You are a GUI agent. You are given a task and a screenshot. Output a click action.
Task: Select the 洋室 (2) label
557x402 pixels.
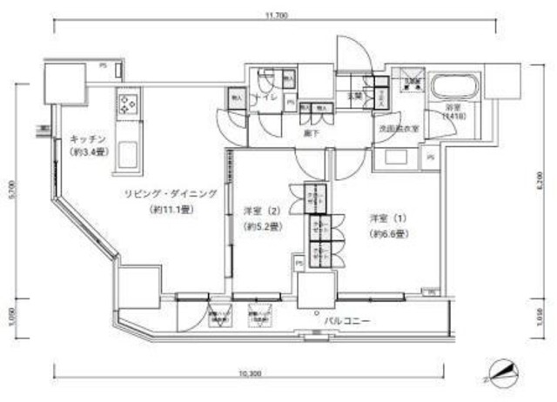(260, 211)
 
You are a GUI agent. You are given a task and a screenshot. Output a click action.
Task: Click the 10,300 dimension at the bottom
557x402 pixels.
(251, 372)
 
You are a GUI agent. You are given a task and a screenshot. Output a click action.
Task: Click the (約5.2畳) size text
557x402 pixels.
(260, 227)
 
